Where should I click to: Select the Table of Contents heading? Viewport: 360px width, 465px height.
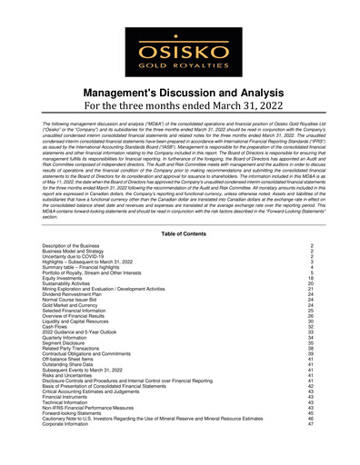click(x=180, y=234)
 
